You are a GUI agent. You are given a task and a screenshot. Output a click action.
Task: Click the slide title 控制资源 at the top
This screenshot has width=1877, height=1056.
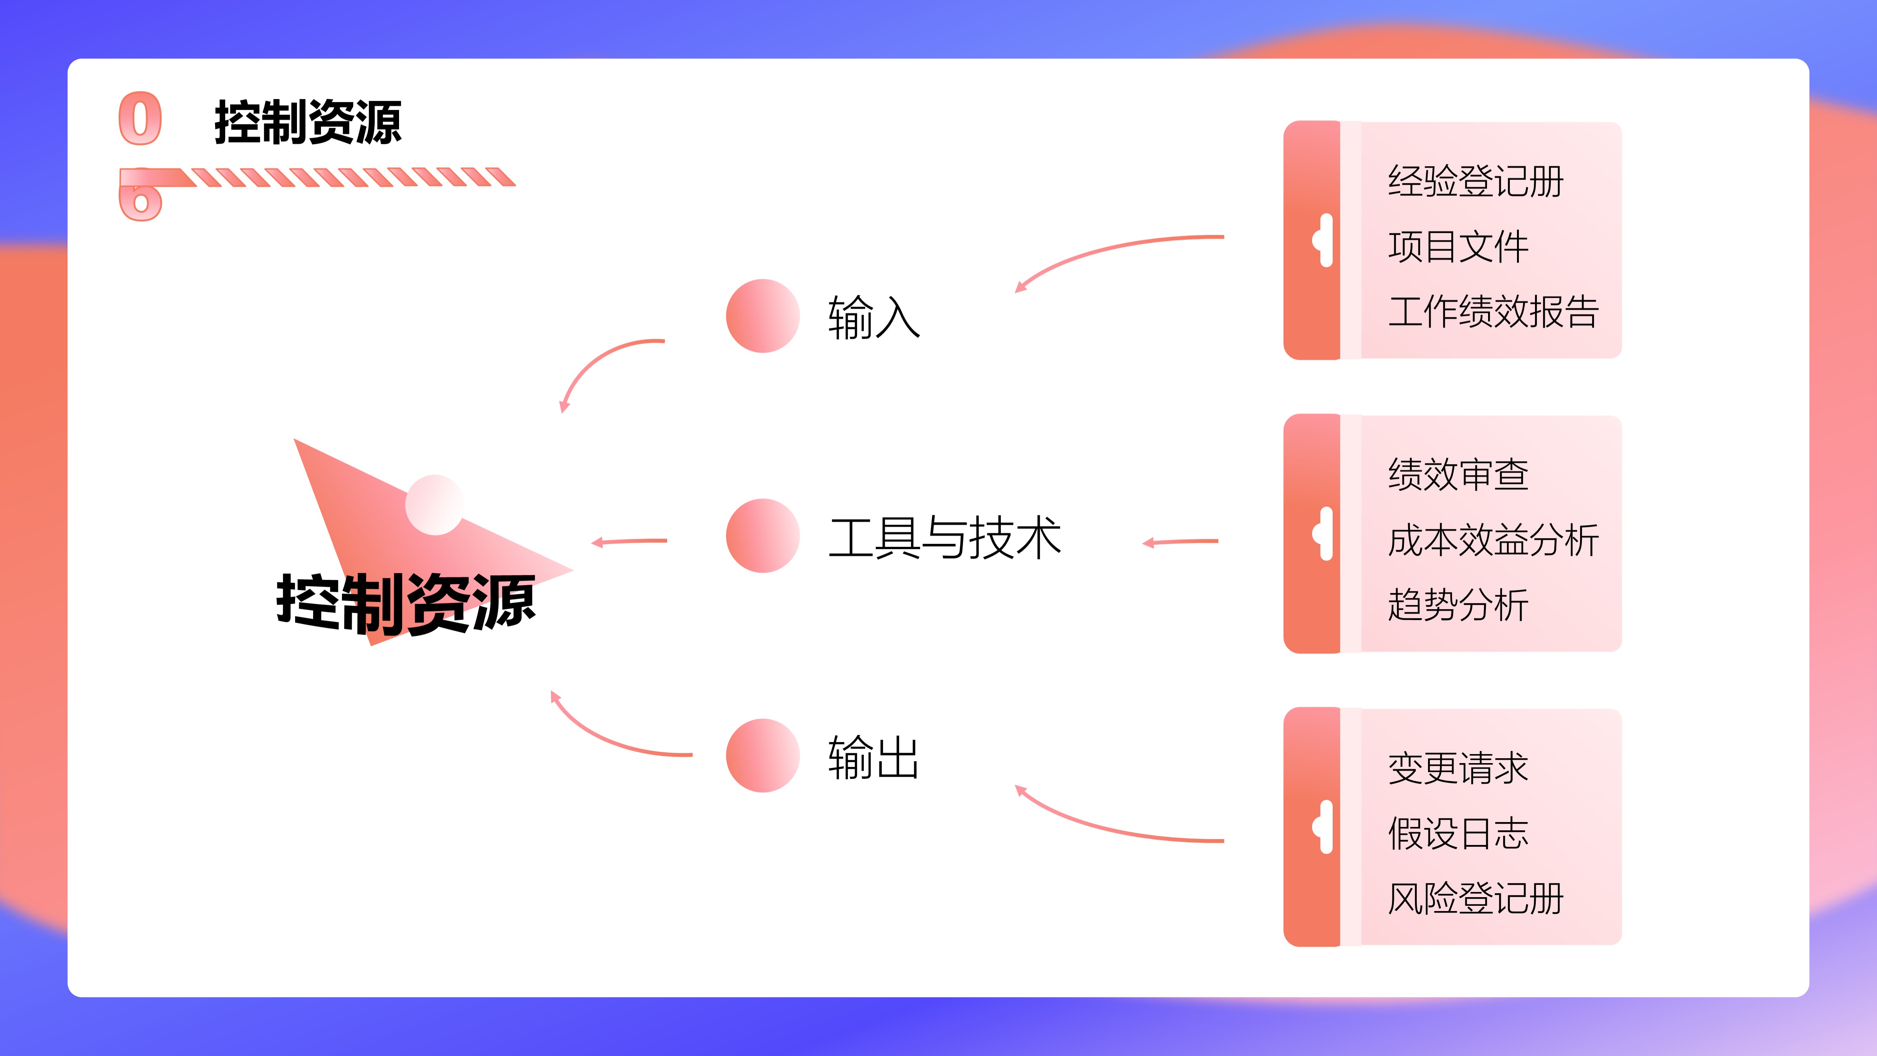click(307, 122)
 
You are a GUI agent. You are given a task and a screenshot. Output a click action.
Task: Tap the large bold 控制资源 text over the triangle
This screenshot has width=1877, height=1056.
click(406, 603)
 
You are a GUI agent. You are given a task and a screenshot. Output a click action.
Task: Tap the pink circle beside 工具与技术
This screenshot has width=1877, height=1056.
click(763, 536)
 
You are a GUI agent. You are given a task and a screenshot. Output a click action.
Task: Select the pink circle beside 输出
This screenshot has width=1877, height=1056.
click(763, 756)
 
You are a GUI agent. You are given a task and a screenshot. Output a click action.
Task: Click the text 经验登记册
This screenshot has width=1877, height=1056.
click(1476, 181)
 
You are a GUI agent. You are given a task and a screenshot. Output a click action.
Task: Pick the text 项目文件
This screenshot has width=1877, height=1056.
click(1458, 246)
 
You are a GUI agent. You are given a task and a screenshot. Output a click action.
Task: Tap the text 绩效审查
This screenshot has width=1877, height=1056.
click(1458, 474)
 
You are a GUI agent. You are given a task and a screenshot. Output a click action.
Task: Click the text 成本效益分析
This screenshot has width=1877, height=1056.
click(1493, 540)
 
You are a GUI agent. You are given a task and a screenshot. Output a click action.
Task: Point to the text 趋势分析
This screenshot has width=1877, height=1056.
click(1458, 605)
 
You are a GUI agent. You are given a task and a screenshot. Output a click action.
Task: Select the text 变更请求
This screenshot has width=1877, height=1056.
click(1458, 768)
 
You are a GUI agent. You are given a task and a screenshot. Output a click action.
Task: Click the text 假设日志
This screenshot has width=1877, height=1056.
click(1458, 833)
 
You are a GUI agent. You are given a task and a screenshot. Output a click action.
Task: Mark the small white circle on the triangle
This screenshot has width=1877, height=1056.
click(434, 505)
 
